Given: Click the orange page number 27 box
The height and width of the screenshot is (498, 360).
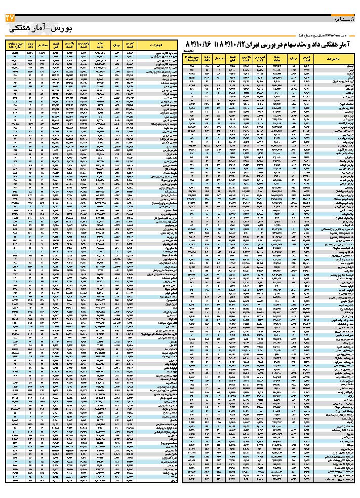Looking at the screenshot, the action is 9,18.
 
